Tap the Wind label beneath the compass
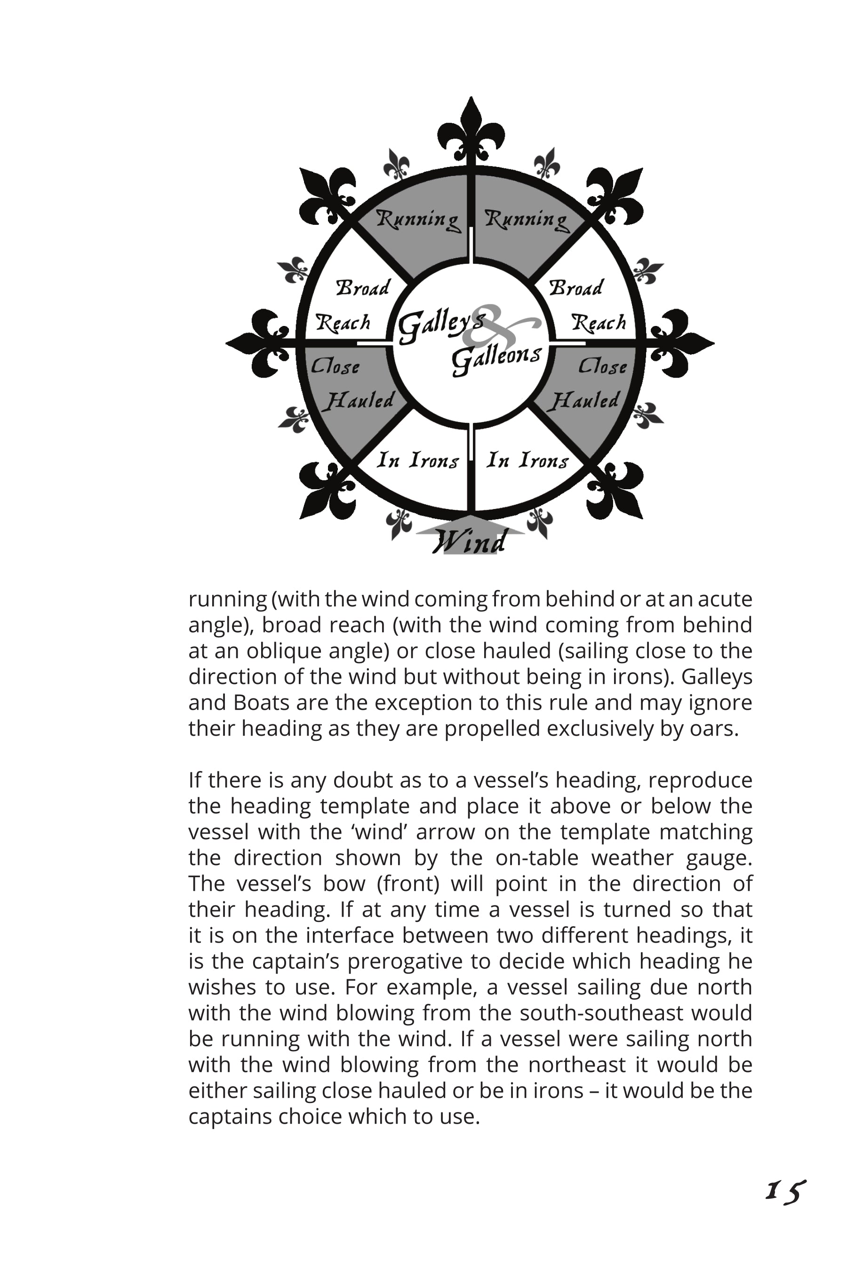(470, 541)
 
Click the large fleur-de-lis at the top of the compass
(471, 130)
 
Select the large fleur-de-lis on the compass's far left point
(259, 343)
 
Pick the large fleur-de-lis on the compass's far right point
(682, 343)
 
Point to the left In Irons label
(417, 460)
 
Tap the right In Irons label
(527, 460)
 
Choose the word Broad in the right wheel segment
(576, 288)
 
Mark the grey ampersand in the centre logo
(494, 328)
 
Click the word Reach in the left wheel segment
(343, 323)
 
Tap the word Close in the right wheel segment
(602, 366)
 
